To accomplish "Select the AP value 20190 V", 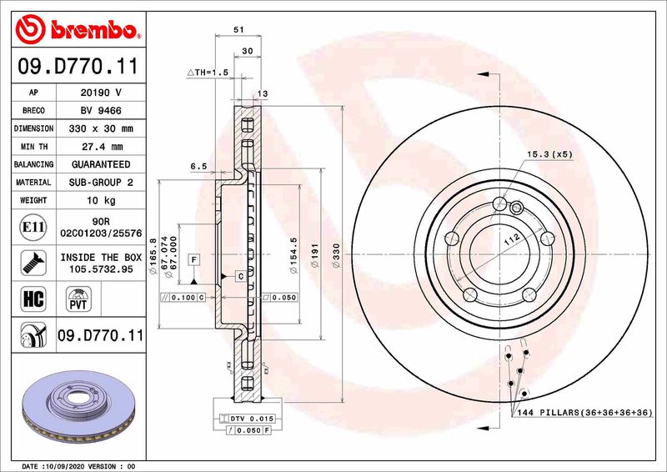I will click(x=100, y=93).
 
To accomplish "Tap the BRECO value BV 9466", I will click(x=100, y=110).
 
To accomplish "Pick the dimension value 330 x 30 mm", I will click(x=100, y=128).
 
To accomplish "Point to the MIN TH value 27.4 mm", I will click(x=100, y=147).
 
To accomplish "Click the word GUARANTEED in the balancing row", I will click(x=100, y=164).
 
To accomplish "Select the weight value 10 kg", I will click(x=100, y=200).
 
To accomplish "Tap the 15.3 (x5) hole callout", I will click(x=549, y=155).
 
